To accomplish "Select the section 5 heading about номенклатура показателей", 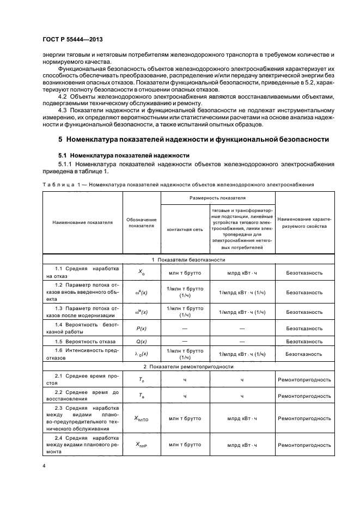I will pyautogui.click(x=193, y=139).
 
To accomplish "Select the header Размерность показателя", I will pyautogui.click(x=217, y=198).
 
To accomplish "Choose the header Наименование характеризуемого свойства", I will pyautogui.click(x=304, y=223).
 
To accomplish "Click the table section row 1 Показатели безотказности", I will pyautogui.click(x=188, y=260).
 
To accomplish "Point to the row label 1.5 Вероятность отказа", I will pyautogui.click(x=85, y=342).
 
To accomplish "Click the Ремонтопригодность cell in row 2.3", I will pyautogui.click(x=304, y=418).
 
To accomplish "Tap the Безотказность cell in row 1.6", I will pyautogui.click(x=304, y=354).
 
